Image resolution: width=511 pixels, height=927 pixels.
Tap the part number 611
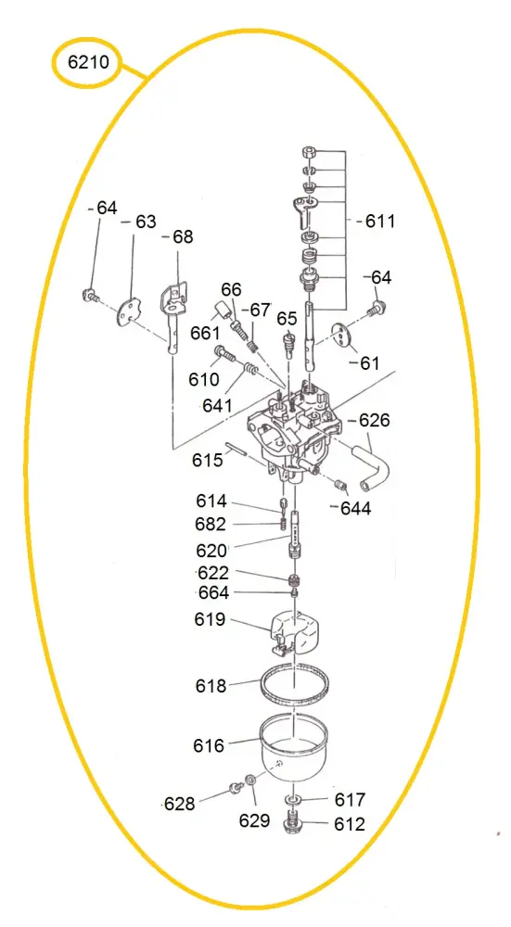pyautogui.click(x=379, y=222)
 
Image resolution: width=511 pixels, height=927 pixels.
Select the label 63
pyautogui.click(x=146, y=222)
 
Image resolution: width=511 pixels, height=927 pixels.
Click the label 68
pyautogui.click(x=183, y=237)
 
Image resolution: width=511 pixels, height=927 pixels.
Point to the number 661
pyautogui.click(x=205, y=333)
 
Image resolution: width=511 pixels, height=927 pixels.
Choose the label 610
pyautogui.click(x=204, y=379)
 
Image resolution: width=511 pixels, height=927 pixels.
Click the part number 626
pyautogui.click(x=375, y=420)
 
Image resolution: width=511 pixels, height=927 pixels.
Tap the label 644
pyautogui.click(x=355, y=508)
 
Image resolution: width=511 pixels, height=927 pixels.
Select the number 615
pyautogui.click(x=208, y=460)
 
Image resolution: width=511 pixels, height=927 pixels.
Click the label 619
pyautogui.click(x=210, y=619)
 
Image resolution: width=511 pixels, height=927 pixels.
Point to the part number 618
pyautogui.click(x=211, y=686)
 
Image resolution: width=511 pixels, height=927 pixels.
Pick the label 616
pyautogui.click(x=209, y=745)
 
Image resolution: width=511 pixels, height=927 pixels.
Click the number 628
pyautogui.click(x=180, y=804)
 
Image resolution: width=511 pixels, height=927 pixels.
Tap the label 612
pyautogui.click(x=349, y=824)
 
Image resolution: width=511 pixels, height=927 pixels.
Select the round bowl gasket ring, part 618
pyautogui.click(x=293, y=687)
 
